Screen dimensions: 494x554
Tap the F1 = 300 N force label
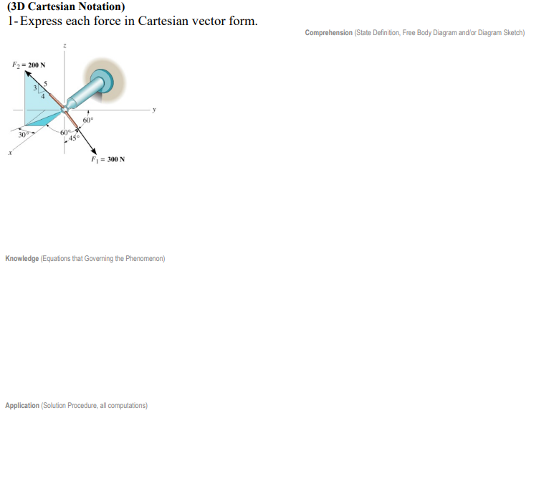point(108,159)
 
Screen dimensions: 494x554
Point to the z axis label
point(64,46)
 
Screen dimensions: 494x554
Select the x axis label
point(10,151)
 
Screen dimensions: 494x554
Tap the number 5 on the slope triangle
point(46,85)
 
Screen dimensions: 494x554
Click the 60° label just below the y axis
point(87,120)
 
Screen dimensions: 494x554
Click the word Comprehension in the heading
point(328,33)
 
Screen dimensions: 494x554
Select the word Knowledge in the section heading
point(22,258)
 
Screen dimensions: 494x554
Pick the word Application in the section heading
point(22,406)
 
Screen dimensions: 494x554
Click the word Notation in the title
point(97,7)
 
